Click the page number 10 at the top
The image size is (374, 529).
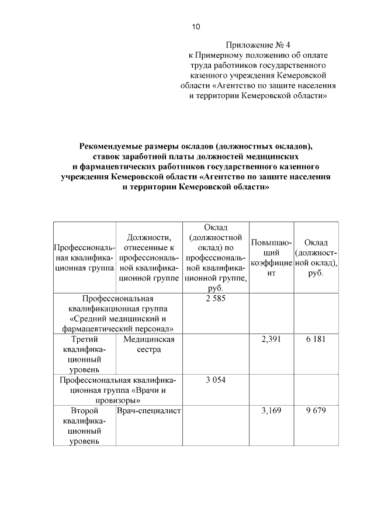[196, 27]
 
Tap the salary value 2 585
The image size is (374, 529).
[216, 298]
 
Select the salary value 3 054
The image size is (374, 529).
[216, 380]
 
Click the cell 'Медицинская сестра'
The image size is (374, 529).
[150, 344]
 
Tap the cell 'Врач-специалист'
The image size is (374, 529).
[150, 411]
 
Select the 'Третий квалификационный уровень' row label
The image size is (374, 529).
[84, 354]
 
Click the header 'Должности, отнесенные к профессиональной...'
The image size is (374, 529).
[150, 258]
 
